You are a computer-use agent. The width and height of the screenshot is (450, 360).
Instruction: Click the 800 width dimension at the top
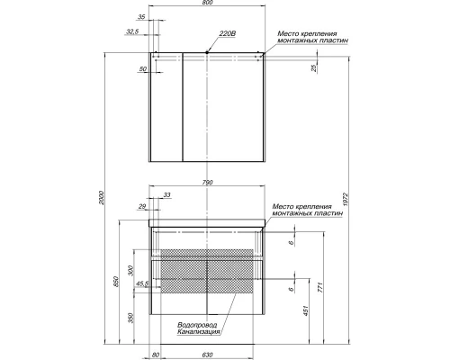[x=209, y=5]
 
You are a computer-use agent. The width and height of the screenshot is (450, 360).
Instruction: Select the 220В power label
[x=227, y=34]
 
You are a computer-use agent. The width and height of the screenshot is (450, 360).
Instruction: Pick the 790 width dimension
[x=209, y=183]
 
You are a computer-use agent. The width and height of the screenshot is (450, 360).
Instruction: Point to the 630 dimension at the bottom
[x=209, y=354]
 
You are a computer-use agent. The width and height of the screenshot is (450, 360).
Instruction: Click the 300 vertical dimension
[x=130, y=271]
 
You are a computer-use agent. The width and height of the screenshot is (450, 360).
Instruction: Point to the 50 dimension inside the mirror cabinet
[x=143, y=69]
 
